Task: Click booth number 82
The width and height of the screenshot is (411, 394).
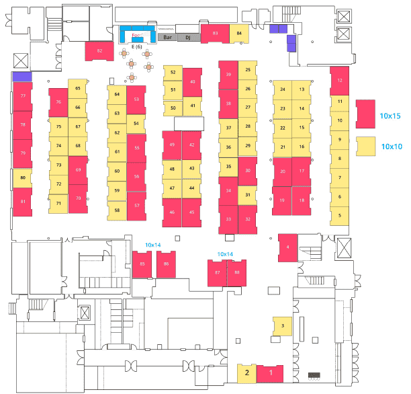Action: [99, 50]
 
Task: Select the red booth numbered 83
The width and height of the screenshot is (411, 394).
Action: [215, 33]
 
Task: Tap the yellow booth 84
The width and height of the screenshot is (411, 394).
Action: [239, 33]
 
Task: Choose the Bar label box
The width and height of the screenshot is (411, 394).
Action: [166, 38]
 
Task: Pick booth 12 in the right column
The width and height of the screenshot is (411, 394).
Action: [340, 81]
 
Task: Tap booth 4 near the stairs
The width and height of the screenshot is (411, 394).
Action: [287, 247]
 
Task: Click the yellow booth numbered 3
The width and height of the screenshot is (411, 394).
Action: [283, 326]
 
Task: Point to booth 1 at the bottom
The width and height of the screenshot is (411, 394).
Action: [271, 372]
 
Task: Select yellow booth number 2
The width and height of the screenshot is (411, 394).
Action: [246, 372]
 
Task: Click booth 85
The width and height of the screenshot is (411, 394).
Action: [142, 264]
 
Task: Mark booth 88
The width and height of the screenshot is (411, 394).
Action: [237, 272]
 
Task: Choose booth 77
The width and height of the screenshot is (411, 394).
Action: [23, 97]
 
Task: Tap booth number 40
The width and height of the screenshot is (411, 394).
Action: [193, 81]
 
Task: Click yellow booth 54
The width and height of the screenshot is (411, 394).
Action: [136, 123]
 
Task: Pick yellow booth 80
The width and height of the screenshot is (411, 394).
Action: [22, 178]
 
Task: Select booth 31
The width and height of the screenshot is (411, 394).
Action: [247, 195]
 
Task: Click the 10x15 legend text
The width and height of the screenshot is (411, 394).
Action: [391, 114]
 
